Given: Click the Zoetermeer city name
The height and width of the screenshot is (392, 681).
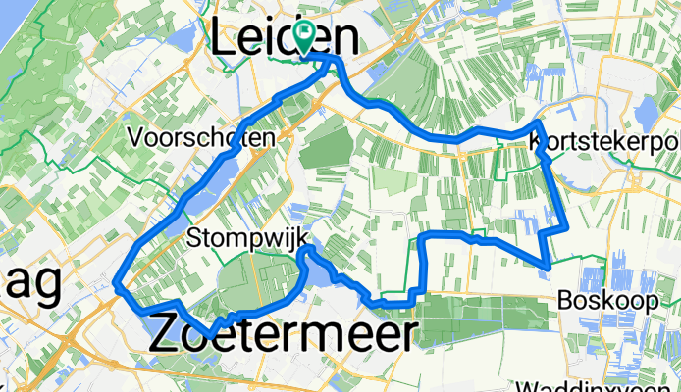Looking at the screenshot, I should point(283,334).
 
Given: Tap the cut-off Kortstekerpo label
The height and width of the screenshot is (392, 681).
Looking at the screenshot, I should point(603,143).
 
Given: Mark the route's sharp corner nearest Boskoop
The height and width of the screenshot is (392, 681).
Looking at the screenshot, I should point(547,263).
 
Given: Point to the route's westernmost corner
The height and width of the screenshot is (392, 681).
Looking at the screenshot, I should point(117,285).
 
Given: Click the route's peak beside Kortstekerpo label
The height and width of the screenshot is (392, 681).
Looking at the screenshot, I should point(539,122).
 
